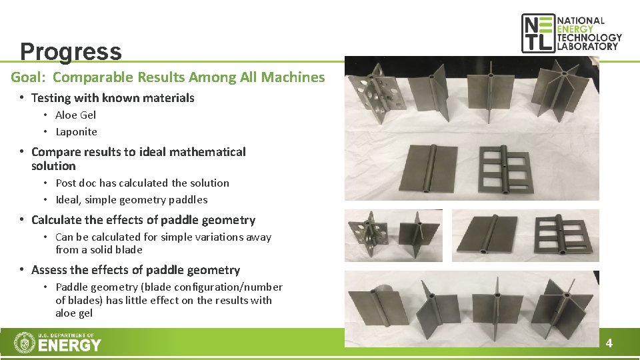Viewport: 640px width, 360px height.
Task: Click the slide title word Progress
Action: click(x=71, y=51)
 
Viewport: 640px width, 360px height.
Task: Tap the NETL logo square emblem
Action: click(x=537, y=33)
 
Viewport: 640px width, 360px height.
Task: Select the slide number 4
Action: click(x=609, y=344)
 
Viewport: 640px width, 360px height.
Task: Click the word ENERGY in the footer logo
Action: click(x=70, y=345)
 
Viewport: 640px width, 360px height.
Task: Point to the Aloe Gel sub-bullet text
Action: click(x=75, y=115)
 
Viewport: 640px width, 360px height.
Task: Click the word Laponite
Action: click(x=76, y=132)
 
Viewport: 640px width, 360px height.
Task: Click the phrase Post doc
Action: click(x=76, y=183)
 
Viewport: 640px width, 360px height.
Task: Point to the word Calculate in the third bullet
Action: click(x=59, y=220)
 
